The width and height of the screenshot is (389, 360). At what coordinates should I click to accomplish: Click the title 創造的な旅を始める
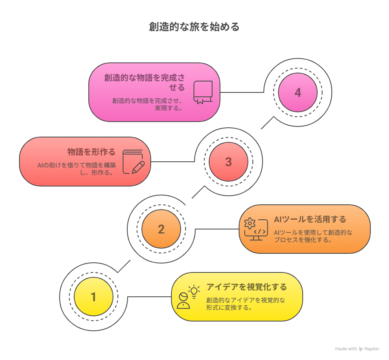point(194,27)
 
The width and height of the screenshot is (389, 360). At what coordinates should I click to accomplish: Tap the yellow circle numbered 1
point(94,296)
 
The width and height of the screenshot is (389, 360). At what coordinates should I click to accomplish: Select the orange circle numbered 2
point(161,229)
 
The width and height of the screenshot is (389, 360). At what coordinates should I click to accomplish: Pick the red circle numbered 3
point(229,162)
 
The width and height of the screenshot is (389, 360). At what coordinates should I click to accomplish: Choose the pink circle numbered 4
point(298,92)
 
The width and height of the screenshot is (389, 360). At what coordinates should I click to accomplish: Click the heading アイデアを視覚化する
point(247,287)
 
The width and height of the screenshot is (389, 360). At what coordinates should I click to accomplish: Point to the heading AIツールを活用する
point(310,219)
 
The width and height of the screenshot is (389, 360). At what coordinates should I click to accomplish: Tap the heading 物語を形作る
point(91,152)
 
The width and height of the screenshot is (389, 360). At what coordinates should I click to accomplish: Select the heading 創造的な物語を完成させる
point(144,82)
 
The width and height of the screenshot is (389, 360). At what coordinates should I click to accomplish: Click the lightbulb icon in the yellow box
point(194,291)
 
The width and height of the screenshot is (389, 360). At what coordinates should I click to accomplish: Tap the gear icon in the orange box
point(250,223)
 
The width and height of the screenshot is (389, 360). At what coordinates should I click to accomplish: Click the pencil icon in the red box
point(138,167)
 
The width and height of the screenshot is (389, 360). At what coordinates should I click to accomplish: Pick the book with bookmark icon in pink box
point(203,92)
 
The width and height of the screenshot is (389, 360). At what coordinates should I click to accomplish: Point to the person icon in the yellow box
point(183,300)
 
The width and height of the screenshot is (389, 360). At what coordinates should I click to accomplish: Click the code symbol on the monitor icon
point(260,231)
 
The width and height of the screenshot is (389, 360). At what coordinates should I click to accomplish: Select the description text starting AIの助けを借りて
point(77,169)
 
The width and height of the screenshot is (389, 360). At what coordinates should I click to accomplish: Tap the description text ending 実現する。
point(147,104)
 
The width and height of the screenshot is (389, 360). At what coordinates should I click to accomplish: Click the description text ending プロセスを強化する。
point(313,236)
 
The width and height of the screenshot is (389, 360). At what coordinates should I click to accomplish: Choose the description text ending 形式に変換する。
point(246,304)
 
